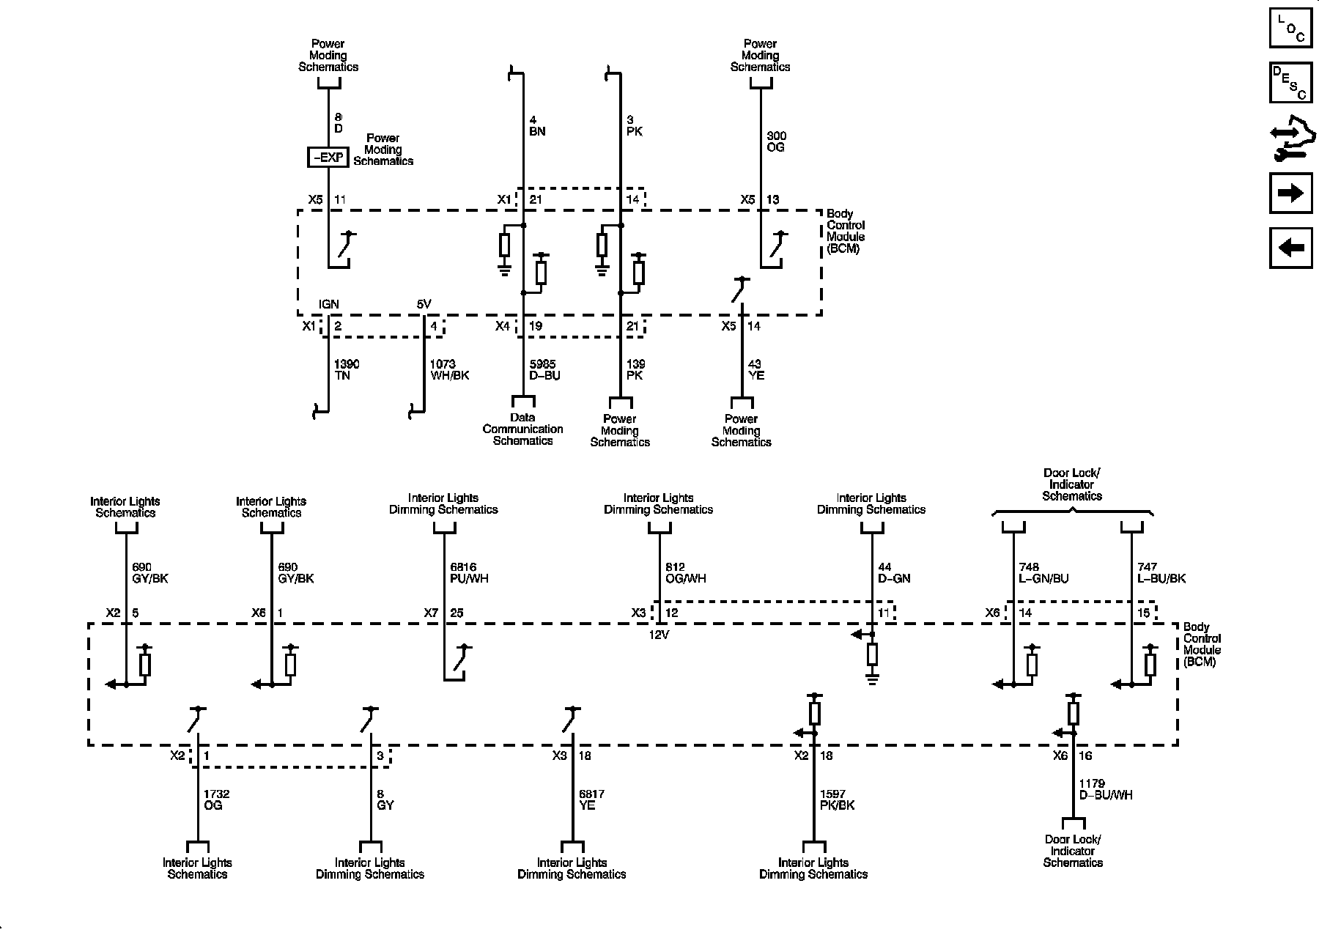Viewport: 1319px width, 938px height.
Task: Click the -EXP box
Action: pos(327,157)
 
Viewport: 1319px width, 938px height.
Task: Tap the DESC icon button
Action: pos(1290,82)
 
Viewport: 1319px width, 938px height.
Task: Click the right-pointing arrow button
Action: pos(1290,193)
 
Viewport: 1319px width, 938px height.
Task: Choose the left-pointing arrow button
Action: pos(1290,248)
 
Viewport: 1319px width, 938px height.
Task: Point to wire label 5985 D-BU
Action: pos(542,370)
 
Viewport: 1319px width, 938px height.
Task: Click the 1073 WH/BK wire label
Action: pos(449,370)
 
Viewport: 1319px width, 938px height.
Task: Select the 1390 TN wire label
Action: pos(346,370)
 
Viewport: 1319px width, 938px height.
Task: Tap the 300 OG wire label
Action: pos(775,141)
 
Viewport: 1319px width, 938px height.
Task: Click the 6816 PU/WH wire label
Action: pos(469,572)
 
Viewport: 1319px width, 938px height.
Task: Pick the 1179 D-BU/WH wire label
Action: pos(1106,789)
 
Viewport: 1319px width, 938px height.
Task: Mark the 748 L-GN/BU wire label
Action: pos(1043,572)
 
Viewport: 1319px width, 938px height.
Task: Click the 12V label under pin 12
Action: pos(659,635)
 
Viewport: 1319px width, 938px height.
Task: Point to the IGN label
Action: pos(328,304)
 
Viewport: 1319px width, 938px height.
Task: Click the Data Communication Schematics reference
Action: pos(522,429)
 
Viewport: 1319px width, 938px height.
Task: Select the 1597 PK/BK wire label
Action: pos(837,799)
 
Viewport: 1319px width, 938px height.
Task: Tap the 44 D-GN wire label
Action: pos(894,572)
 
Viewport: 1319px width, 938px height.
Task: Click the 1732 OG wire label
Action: pos(217,799)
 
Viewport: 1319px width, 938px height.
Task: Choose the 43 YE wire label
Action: pos(755,370)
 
